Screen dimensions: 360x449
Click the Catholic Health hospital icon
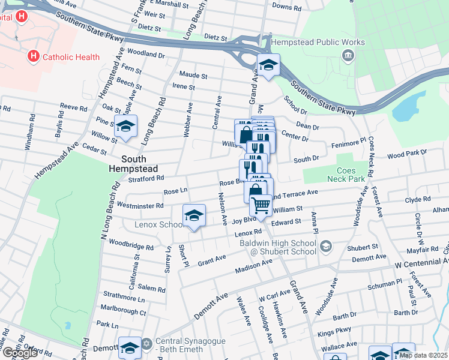(34, 56)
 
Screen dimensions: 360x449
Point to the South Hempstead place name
(141, 164)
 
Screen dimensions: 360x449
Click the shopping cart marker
(261, 205)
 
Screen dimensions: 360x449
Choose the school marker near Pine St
(126, 126)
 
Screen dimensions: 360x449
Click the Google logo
(19, 353)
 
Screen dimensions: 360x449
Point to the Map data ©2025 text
(423, 355)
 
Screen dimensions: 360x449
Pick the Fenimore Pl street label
(348, 144)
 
